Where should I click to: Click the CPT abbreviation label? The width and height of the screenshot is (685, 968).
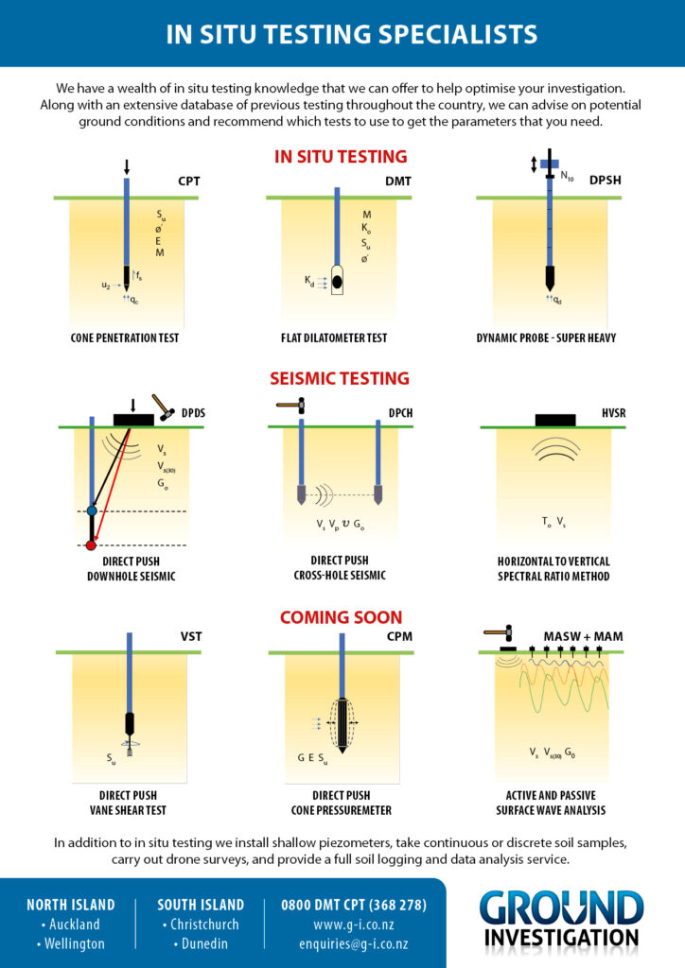189,181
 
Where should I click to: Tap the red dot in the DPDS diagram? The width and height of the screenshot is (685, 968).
91,545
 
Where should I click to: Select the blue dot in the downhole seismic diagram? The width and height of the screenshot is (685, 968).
92,510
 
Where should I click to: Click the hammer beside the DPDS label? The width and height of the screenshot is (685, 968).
163,407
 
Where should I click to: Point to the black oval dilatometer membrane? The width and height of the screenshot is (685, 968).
337,282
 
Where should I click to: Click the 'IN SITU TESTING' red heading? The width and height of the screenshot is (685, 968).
341,157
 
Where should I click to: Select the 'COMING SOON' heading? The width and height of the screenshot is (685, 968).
341,617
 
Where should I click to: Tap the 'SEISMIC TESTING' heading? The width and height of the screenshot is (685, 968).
340,378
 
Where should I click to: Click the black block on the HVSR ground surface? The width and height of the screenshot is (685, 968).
555,421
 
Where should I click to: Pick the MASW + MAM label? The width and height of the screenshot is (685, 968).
583,636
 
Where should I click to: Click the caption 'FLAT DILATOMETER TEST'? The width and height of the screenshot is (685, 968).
334,338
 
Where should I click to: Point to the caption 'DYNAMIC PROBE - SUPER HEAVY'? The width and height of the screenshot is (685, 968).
546,338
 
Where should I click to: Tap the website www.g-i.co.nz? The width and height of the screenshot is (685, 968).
354,925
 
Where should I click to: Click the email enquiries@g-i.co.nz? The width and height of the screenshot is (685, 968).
354,944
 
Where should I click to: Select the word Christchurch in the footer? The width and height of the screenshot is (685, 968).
204,925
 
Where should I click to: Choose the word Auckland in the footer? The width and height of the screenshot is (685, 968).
74,925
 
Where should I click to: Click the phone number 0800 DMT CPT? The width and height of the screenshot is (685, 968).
354,905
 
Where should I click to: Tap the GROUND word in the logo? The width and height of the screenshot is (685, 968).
561,908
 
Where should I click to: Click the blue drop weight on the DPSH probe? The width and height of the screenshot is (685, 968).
550,164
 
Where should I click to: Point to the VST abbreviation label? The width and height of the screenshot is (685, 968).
191,636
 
